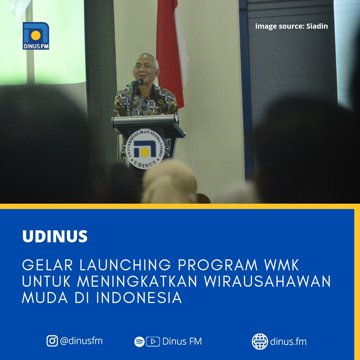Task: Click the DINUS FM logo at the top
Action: coord(36,36)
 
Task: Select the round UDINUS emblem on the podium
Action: coord(145,149)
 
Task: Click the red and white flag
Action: coord(172,53)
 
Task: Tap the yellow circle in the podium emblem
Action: coord(145,152)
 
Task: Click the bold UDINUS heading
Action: coord(55,236)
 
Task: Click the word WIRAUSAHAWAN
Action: coord(267,281)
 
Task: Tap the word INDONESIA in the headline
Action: coord(139,298)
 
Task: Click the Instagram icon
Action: coord(52,341)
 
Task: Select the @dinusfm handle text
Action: coord(81,341)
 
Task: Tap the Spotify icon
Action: coord(139,342)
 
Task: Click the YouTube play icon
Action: coord(153,341)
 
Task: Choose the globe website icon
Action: coord(260,341)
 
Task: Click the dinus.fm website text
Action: coord(288,341)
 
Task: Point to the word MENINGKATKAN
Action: coord(137,281)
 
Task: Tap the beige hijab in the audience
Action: coord(169,183)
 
